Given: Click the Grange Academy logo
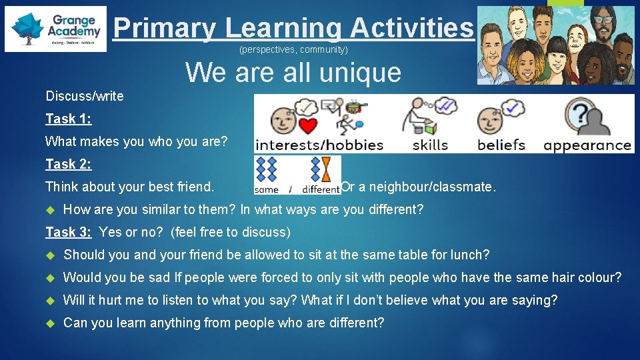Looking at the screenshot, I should click(55, 30).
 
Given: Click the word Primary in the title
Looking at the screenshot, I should click(164, 28).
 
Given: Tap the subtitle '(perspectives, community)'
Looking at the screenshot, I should click(293, 50).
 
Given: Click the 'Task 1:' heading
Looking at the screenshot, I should click(69, 119).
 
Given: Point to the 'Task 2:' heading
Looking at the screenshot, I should click(69, 164).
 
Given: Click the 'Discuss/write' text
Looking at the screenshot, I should click(85, 96).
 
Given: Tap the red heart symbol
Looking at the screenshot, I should click(307, 125).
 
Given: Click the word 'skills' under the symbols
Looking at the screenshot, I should click(430, 145).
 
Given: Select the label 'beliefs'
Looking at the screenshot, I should click(501, 145).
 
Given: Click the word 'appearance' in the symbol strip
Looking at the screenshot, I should click(587, 145).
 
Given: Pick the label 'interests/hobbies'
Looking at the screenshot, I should click(319, 145).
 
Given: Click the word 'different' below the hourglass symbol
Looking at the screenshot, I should click(321, 189).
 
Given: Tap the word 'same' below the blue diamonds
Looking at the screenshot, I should click(267, 189).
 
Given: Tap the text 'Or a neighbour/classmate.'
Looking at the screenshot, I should click(419, 187).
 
